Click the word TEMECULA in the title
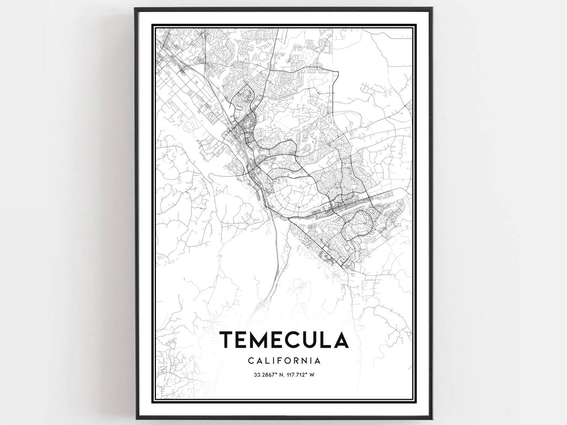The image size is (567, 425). click(x=283, y=340)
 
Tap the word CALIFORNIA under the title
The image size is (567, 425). click(x=283, y=361)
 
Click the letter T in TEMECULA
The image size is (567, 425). click(x=226, y=340)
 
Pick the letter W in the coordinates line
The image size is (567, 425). click(x=311, y=375)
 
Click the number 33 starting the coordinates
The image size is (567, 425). click(x=256, y=375)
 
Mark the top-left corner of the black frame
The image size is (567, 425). click(x=135, y=8)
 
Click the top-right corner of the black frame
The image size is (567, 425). click(x=432, y=8)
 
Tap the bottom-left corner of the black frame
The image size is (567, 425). click(x=135, y=418)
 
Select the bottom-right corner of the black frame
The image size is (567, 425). click(x=432, y=418)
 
